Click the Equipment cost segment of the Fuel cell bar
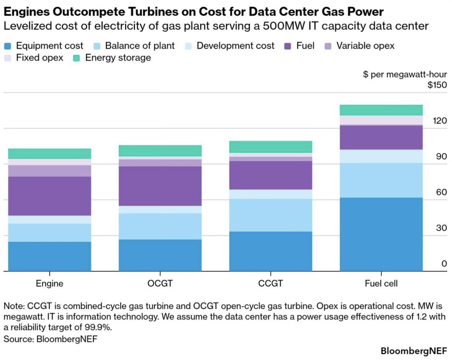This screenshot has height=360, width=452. click(x=381, y=234)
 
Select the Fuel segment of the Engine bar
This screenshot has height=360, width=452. click(x=50, y=196)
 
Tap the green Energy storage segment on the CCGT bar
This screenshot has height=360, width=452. click(x=270, y=147)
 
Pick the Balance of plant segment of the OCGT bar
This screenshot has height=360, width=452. click(x=160, y=226)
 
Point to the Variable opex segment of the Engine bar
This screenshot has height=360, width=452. click(x=50, y=171)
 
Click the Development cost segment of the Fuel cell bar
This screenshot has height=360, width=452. click(x=381, y=156)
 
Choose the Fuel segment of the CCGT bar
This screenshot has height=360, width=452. click(x=270, y=175)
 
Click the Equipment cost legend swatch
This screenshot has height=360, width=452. click(x=8, y=46)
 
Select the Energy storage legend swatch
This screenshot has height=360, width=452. click(x=76, y=58)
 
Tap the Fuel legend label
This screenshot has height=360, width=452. click(x=305, y=46)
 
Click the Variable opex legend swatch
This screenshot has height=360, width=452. click(x=328, y=46)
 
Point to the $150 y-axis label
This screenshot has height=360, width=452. click(x=437, y=85)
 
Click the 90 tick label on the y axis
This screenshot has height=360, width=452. click(x=441, y=157)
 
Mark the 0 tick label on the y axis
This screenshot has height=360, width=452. click(x=444, y=264)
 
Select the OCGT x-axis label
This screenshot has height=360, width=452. click(x=160, y=284)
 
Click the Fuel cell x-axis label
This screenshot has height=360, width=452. click(x=381, y=284)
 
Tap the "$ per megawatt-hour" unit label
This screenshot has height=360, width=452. click(x=405, y=75)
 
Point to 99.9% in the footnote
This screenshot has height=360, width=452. click(x=98, y=327)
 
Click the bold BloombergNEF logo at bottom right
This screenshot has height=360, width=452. click(x=414, y=351)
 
